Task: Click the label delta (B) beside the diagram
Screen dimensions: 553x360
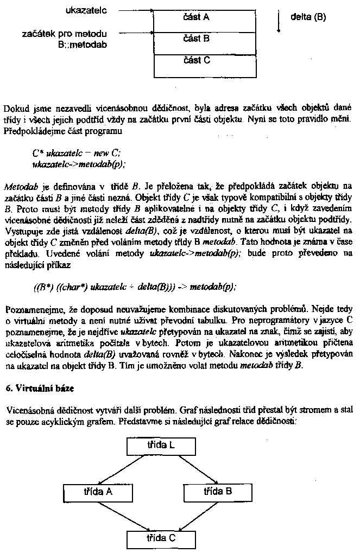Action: pos(308,17)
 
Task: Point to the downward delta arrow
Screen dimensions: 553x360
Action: pos(279,20)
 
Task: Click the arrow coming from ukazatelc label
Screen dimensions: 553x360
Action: pos(136,10)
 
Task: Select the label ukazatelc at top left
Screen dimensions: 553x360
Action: pos(86,10)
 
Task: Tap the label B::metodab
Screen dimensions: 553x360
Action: pos(83,45)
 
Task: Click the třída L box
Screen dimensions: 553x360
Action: pos(161,446)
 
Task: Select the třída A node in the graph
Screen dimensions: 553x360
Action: pos(98,492)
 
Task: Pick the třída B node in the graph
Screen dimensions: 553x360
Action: pos(218,492)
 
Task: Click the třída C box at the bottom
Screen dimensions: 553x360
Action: pos(161,538)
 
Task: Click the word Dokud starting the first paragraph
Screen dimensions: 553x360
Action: pos(15,107)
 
